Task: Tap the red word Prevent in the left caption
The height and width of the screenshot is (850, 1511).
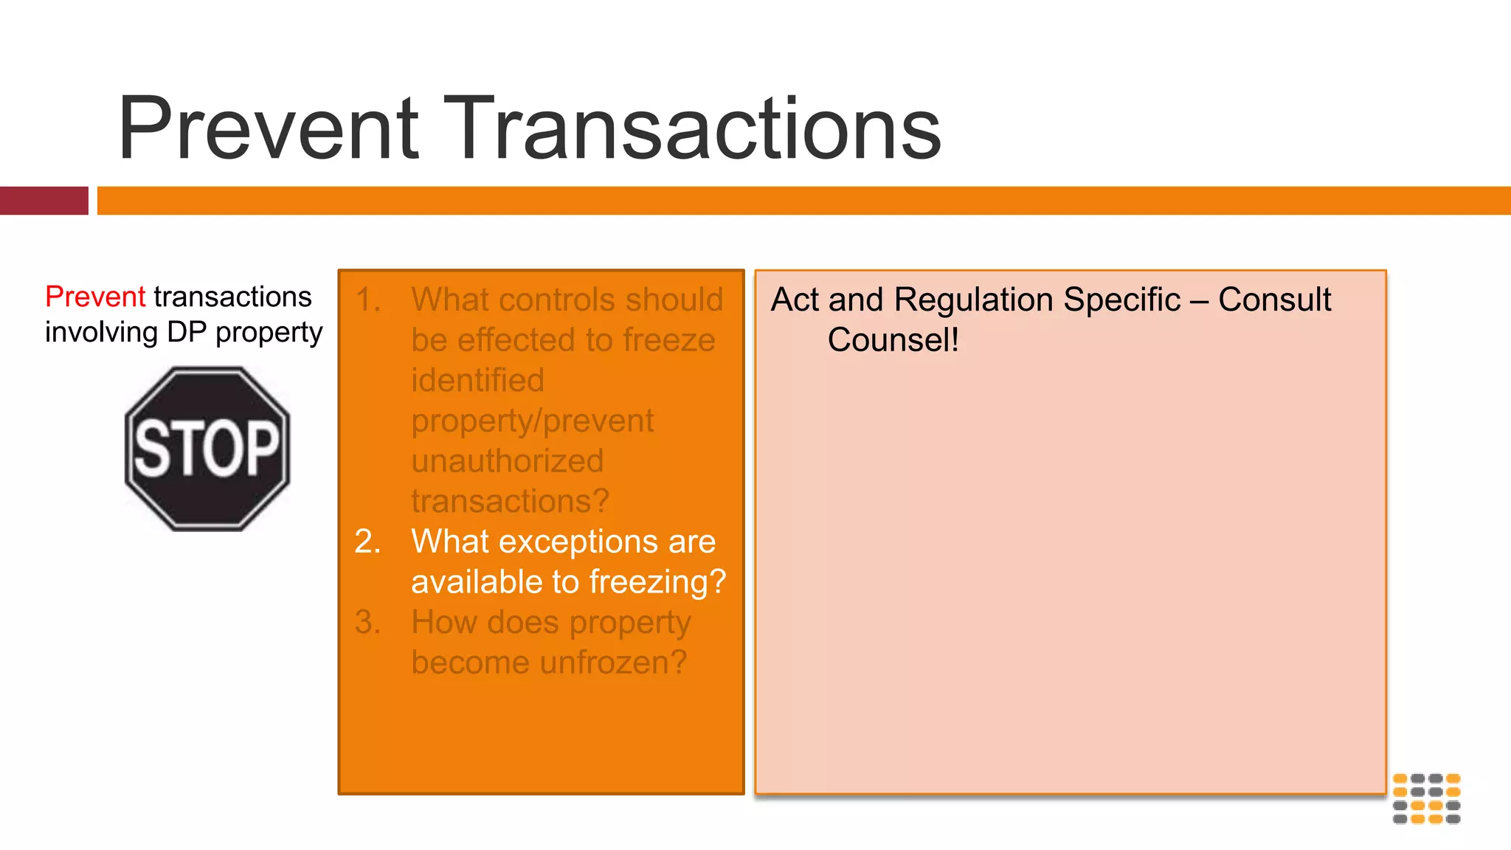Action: [x=95, y=297]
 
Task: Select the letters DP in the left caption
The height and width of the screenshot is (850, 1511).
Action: [x=186, y=332]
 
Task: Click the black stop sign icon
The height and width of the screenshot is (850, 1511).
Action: [x=207, y=449]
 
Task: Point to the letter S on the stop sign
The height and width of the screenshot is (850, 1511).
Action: [x=151, y=449]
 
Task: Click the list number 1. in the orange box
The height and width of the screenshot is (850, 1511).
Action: [x=367, y=300]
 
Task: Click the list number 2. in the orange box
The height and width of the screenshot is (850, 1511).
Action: [x=367, y=542]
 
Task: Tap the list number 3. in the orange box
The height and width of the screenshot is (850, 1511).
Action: [x=367, y=622]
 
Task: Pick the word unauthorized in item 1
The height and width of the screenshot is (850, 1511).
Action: [x=508, y=461]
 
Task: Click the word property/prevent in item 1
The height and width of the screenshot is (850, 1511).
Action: [x=532, y=421]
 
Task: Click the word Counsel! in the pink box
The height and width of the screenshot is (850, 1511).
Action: [x=893, y=340]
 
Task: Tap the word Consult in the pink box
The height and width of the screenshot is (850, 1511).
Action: [x=1274, y=300]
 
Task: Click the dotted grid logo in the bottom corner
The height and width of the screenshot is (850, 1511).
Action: [x=1426, y=798]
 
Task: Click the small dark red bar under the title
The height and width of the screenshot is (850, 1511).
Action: [x=44, y=201]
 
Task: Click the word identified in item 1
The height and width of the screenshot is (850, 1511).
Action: [x=477, y=381]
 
